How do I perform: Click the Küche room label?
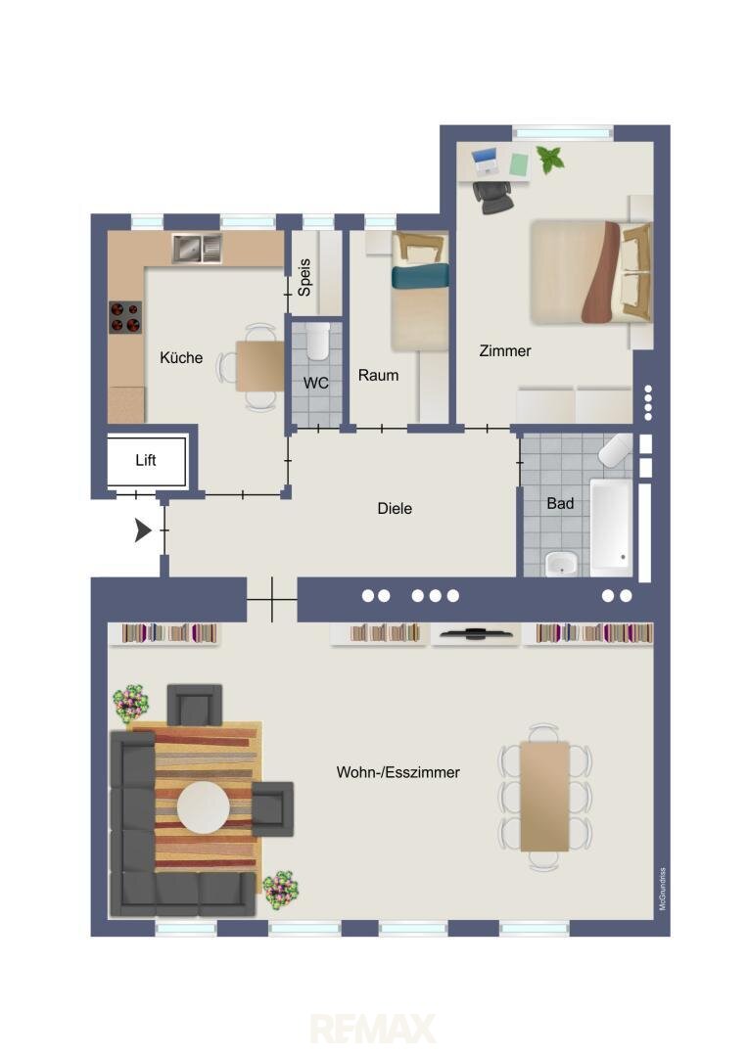coord(181,357)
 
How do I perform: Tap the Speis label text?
coord(304,278)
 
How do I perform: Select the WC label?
coord(315,383)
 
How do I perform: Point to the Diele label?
coord(395,508)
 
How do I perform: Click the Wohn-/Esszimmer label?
coord(397,772)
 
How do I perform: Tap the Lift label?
coord(146,460)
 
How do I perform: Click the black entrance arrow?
coord(142,530)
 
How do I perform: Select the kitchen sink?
coord(196,248)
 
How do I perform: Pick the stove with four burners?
coord(126,317)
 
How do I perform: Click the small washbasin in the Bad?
coord(561,564)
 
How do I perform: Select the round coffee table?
coord(203,806)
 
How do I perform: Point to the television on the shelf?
coord(476,633)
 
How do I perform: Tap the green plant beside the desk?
coord(551,160)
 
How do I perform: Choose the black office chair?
coord(493,197)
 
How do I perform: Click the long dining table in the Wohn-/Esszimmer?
coord(545,797)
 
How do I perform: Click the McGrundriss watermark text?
coord(663,889)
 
